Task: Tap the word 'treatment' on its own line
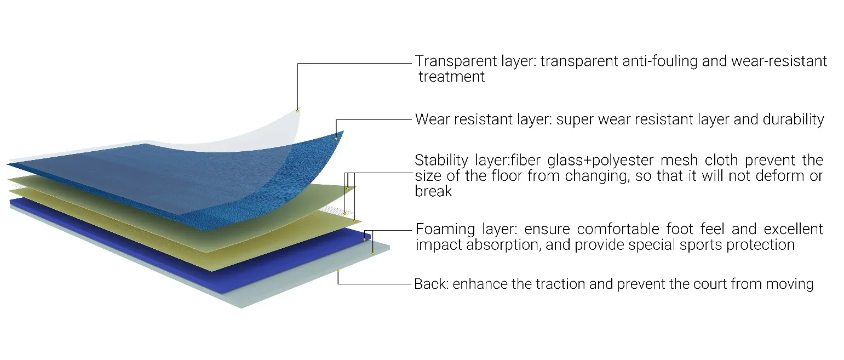pyautogui.click(x=452, y=77)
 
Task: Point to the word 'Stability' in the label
pyautogui.click(x=437, y=161)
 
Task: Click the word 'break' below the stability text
pyautogui.click(x=433, y=191)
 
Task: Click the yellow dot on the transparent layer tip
pyautogui.click(x=297, y=111)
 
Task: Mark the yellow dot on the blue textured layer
pyautogui.click(x=336, y=138)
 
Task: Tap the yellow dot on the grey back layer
pyautogui.click(x=338, y=271)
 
